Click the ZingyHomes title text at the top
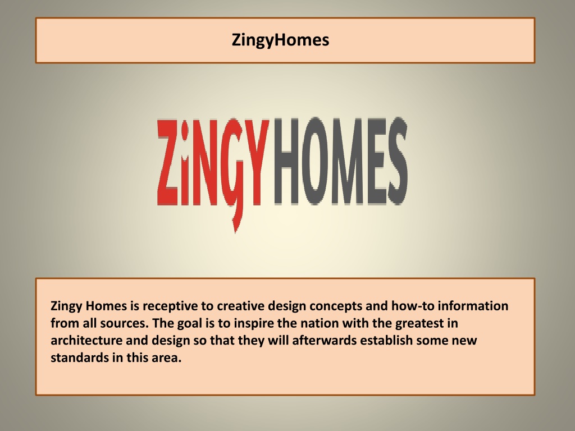coord(280,40)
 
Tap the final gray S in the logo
coord(394,163)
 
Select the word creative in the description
coord(240,306)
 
